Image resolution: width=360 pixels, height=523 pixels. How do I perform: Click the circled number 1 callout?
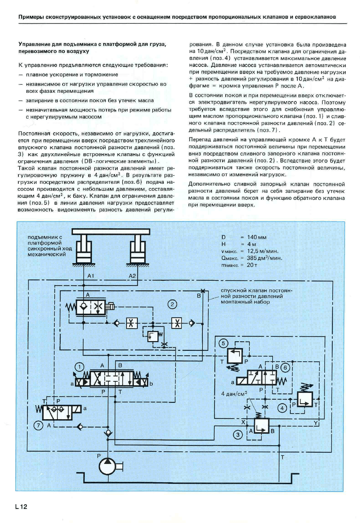79,367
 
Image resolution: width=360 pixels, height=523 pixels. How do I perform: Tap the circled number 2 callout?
172,305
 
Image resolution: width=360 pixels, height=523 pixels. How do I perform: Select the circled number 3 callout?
238,435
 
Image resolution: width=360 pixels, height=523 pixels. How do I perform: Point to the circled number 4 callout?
282,408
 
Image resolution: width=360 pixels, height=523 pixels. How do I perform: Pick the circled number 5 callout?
223,343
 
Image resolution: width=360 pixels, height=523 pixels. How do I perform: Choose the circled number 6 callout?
285,368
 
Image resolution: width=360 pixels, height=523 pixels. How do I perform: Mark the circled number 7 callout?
39,425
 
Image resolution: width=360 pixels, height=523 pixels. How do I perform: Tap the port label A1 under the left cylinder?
91,276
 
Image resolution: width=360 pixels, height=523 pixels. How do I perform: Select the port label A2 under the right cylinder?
132,276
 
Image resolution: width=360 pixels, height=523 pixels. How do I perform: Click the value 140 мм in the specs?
257,237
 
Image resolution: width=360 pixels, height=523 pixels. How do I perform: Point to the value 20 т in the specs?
252,265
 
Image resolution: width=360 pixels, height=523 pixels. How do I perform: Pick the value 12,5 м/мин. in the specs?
263,251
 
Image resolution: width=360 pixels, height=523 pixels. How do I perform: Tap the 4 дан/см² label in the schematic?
234,394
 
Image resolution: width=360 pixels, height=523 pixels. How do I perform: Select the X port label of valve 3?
243,422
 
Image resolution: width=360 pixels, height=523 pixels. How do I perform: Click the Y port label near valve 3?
316,422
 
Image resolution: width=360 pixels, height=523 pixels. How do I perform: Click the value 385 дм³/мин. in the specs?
265,258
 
